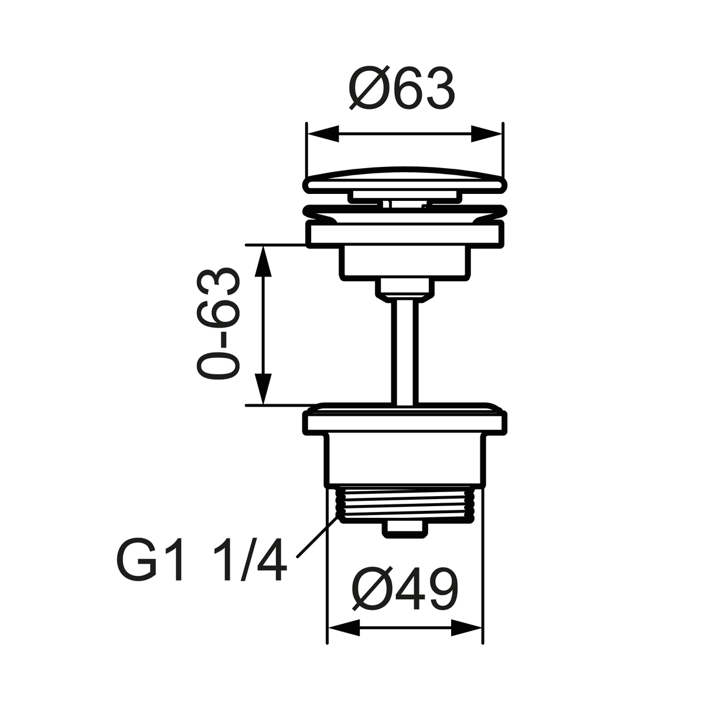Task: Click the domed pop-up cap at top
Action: click(x=404, y=179)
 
